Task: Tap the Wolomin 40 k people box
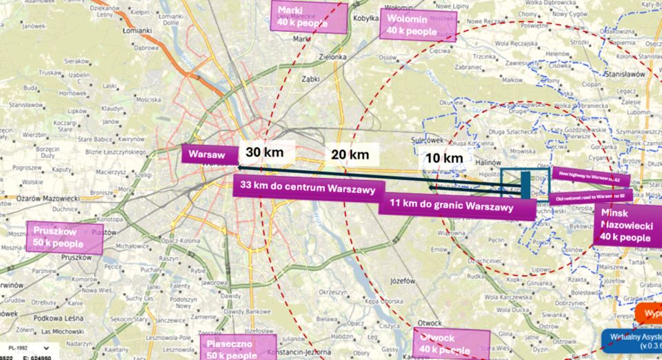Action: [x=412, y=25]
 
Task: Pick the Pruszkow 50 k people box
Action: [x=63, y=237]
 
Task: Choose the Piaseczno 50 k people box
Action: [x=238, y=348]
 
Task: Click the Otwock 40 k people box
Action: [x=451, y=343]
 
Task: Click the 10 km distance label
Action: [x=444, y=158]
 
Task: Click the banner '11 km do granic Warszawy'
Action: [x=457, y=205]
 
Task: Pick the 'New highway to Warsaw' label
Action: [x=590, y=177]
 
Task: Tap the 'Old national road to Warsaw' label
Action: [x=593, y=197]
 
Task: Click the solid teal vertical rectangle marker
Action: [x=525, y=184]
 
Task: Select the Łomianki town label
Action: [x=137, y=30]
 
